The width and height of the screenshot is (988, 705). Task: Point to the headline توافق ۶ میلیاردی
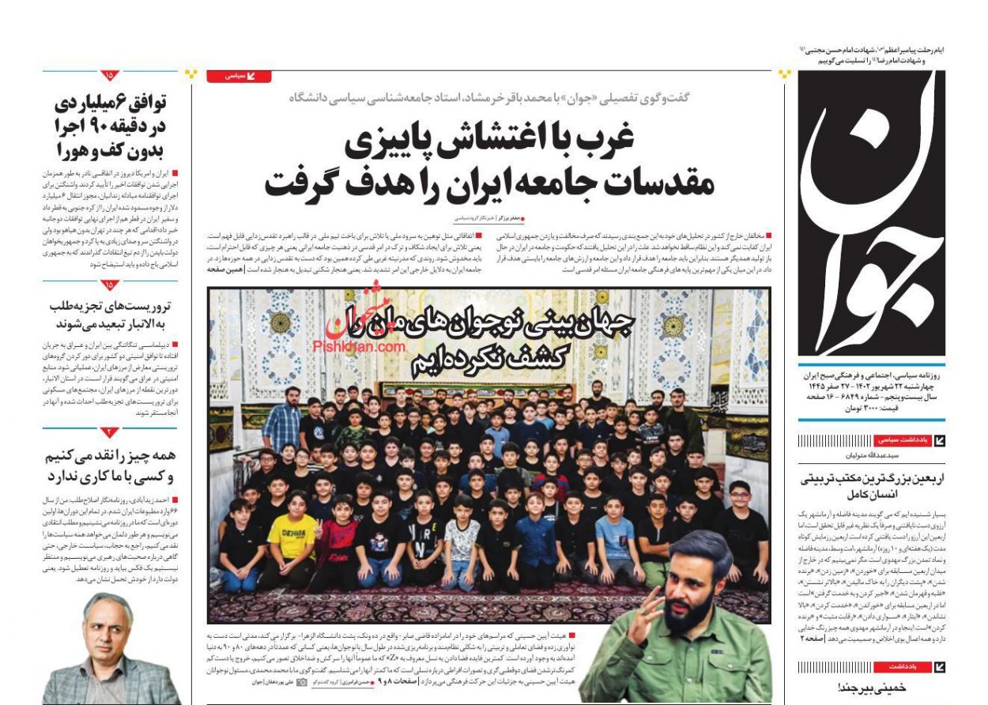111,126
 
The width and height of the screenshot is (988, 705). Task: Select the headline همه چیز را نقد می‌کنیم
111,466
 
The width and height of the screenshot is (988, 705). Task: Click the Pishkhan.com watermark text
359,346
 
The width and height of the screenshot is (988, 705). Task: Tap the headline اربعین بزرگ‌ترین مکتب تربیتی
869,485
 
